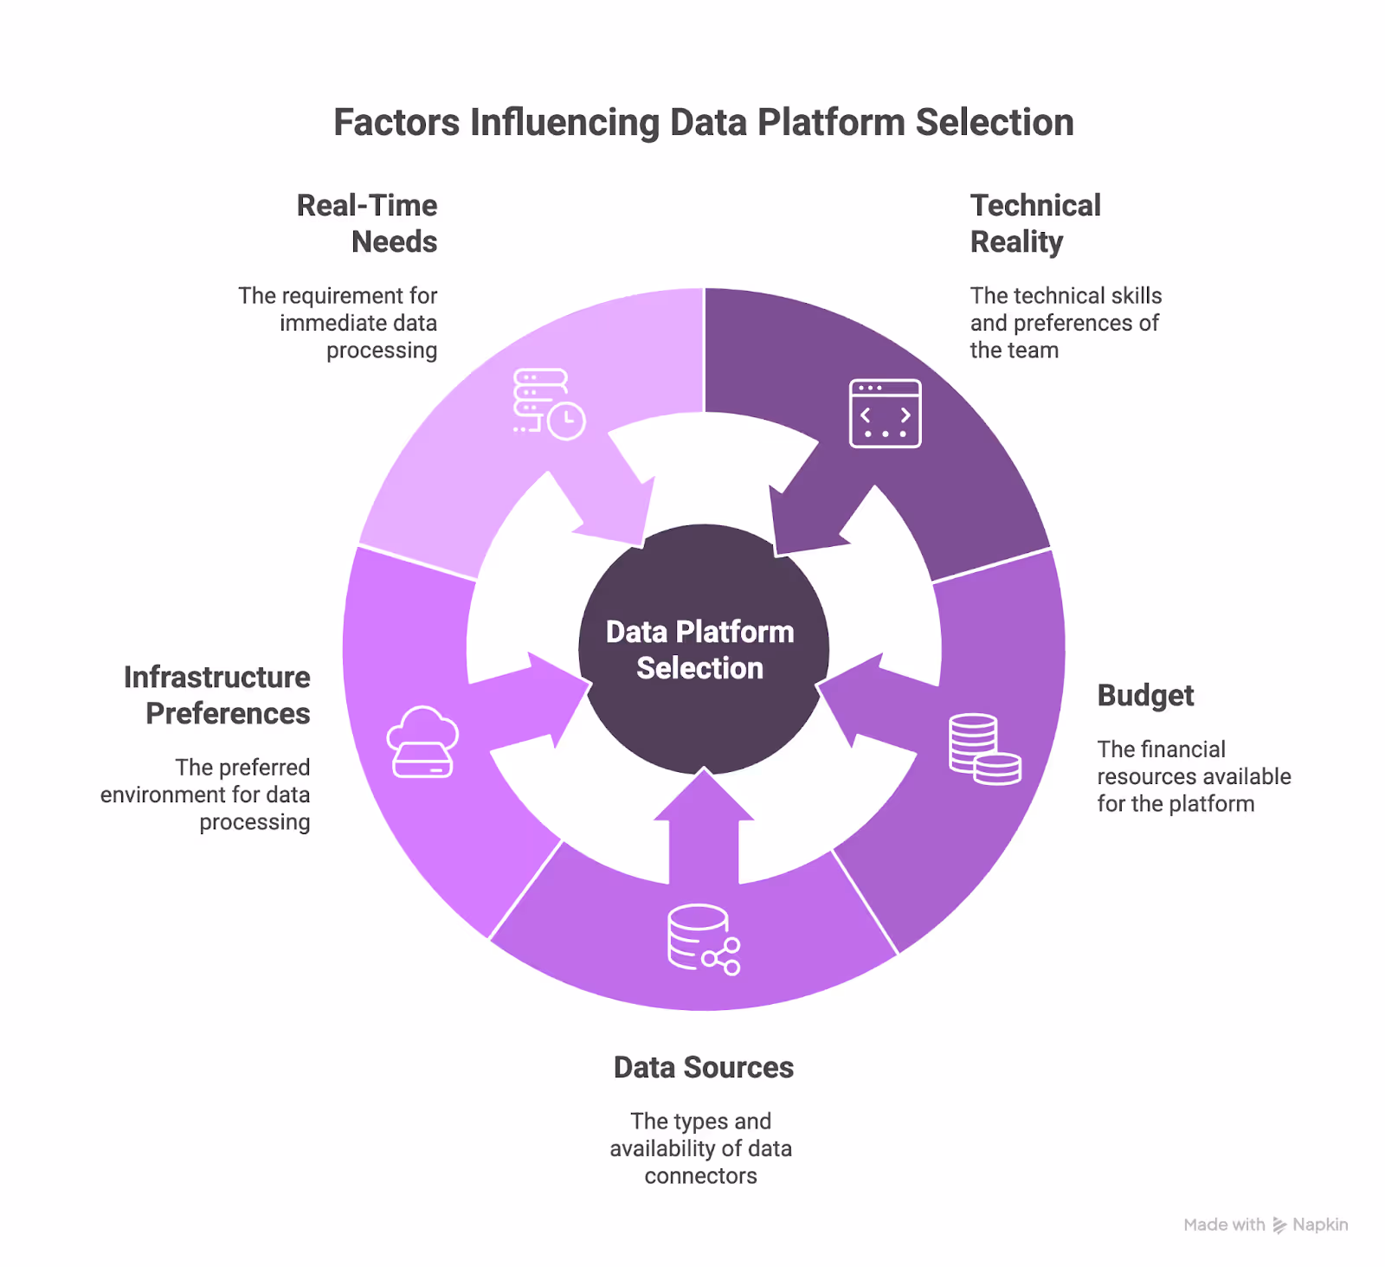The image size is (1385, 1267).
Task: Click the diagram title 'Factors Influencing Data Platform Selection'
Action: [x=703, y=123]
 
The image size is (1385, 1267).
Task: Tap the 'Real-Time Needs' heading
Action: [x=367, y=223]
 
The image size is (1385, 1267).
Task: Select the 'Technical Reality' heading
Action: [x=1035, y=223]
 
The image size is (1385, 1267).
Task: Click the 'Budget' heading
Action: [x=1145, y=696]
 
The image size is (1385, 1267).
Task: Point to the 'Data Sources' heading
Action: [x=703, y=1068]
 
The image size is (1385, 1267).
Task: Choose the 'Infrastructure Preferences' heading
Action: [x=217, y=695]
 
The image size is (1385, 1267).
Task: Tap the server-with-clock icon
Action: [x=548, y=404]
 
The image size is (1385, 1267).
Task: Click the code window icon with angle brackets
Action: [x=885, y=414]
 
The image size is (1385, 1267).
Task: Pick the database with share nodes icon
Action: [x=703, y=940]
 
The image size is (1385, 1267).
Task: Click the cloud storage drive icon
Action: [x=422, y=743]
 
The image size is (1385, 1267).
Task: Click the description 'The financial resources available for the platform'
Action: [x=1193, y=776]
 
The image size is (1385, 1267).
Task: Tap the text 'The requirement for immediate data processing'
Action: [x=338, y=323]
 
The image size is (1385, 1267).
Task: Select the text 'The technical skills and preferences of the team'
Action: [x=1066, y=323]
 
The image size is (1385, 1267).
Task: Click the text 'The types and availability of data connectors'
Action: [x=700, y=1148]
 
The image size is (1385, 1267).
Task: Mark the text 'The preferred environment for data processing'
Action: [x=206, y=794]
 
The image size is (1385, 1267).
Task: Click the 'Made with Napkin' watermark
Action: [x=1266, y=1225]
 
